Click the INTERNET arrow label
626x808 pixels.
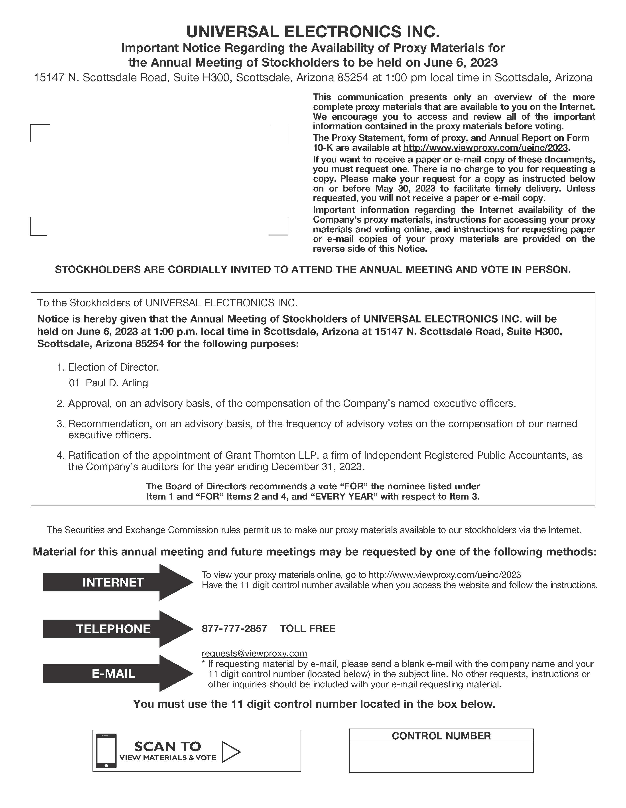click(113, 582)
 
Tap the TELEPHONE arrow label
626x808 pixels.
click(113, 629)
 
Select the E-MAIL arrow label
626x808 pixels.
click(113, 673)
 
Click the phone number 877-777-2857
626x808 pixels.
click(234, 628)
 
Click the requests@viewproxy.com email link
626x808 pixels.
click(254, 653)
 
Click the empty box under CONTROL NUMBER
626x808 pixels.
click(441, 757)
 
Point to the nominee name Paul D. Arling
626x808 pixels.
click(117, 383)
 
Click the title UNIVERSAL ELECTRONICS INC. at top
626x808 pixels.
click(313, 32)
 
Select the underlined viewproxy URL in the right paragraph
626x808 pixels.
click(485, 148)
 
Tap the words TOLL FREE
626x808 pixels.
click(308, 628)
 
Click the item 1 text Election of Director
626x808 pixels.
click(114, 367)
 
